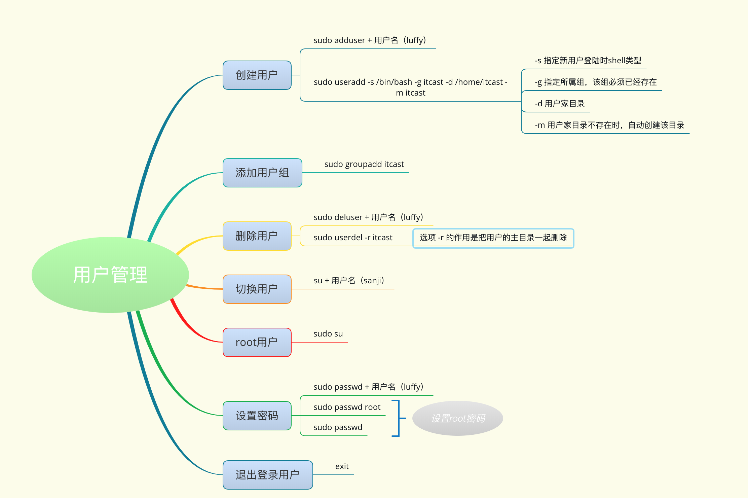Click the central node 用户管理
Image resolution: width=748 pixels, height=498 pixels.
point(110,275)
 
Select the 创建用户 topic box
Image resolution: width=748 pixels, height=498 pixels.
point(257,75)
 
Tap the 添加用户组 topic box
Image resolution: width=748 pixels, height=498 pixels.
point(262,173)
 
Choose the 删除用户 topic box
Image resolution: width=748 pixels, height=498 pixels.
point(257,236)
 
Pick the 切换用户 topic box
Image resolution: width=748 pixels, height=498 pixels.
point(257,289)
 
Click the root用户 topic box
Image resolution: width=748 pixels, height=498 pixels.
point(257,342)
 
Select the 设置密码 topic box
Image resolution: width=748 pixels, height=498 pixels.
point(257,416)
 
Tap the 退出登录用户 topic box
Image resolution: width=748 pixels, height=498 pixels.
point(268,475)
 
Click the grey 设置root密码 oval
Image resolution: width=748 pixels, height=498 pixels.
point(458,418)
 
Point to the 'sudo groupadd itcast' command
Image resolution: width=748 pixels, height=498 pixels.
point(364,164)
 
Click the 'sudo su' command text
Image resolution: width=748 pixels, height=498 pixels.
point(328,334)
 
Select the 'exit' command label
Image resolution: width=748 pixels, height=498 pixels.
point(342,466)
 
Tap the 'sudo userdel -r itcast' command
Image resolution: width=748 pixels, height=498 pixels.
point(353,238)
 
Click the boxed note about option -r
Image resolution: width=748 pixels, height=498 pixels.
point(493,238)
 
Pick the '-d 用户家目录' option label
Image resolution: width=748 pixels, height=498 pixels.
point(560,104)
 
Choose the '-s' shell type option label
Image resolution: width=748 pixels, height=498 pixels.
point(588,61)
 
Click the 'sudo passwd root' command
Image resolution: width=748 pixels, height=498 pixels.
point(347,407)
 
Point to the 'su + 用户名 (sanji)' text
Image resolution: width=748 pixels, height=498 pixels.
point(349,281)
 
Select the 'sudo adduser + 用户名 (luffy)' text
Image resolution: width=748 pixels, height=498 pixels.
point(370,40)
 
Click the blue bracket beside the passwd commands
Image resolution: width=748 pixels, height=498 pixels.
point(398,418)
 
